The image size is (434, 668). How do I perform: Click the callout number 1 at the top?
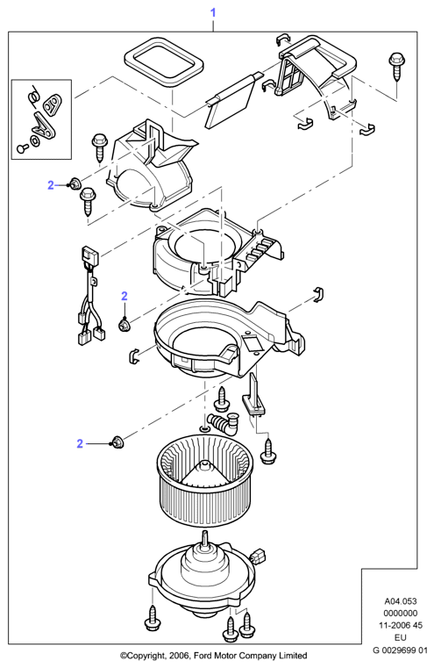point(213,13)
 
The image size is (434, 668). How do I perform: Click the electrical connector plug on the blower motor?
point(259,556)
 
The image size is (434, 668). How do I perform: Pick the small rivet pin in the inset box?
point(22,147)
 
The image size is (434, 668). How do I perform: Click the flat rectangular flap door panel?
point(231,102)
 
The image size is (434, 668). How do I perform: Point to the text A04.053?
point(401,601)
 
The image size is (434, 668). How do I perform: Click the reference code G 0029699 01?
point(400,650)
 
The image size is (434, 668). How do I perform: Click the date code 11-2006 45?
point(401,625)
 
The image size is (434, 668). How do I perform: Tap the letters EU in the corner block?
point(401,638)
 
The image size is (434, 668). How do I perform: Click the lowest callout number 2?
point(80,443)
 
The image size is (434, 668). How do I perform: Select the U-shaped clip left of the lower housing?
point(133,356)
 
